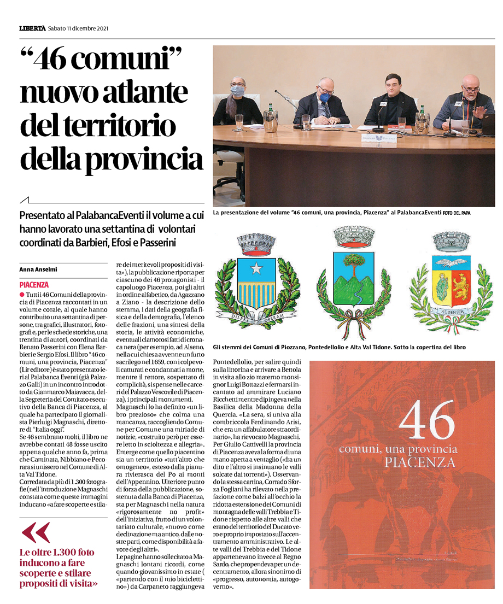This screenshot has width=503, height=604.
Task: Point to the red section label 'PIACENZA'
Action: click(x=34, y=285)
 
